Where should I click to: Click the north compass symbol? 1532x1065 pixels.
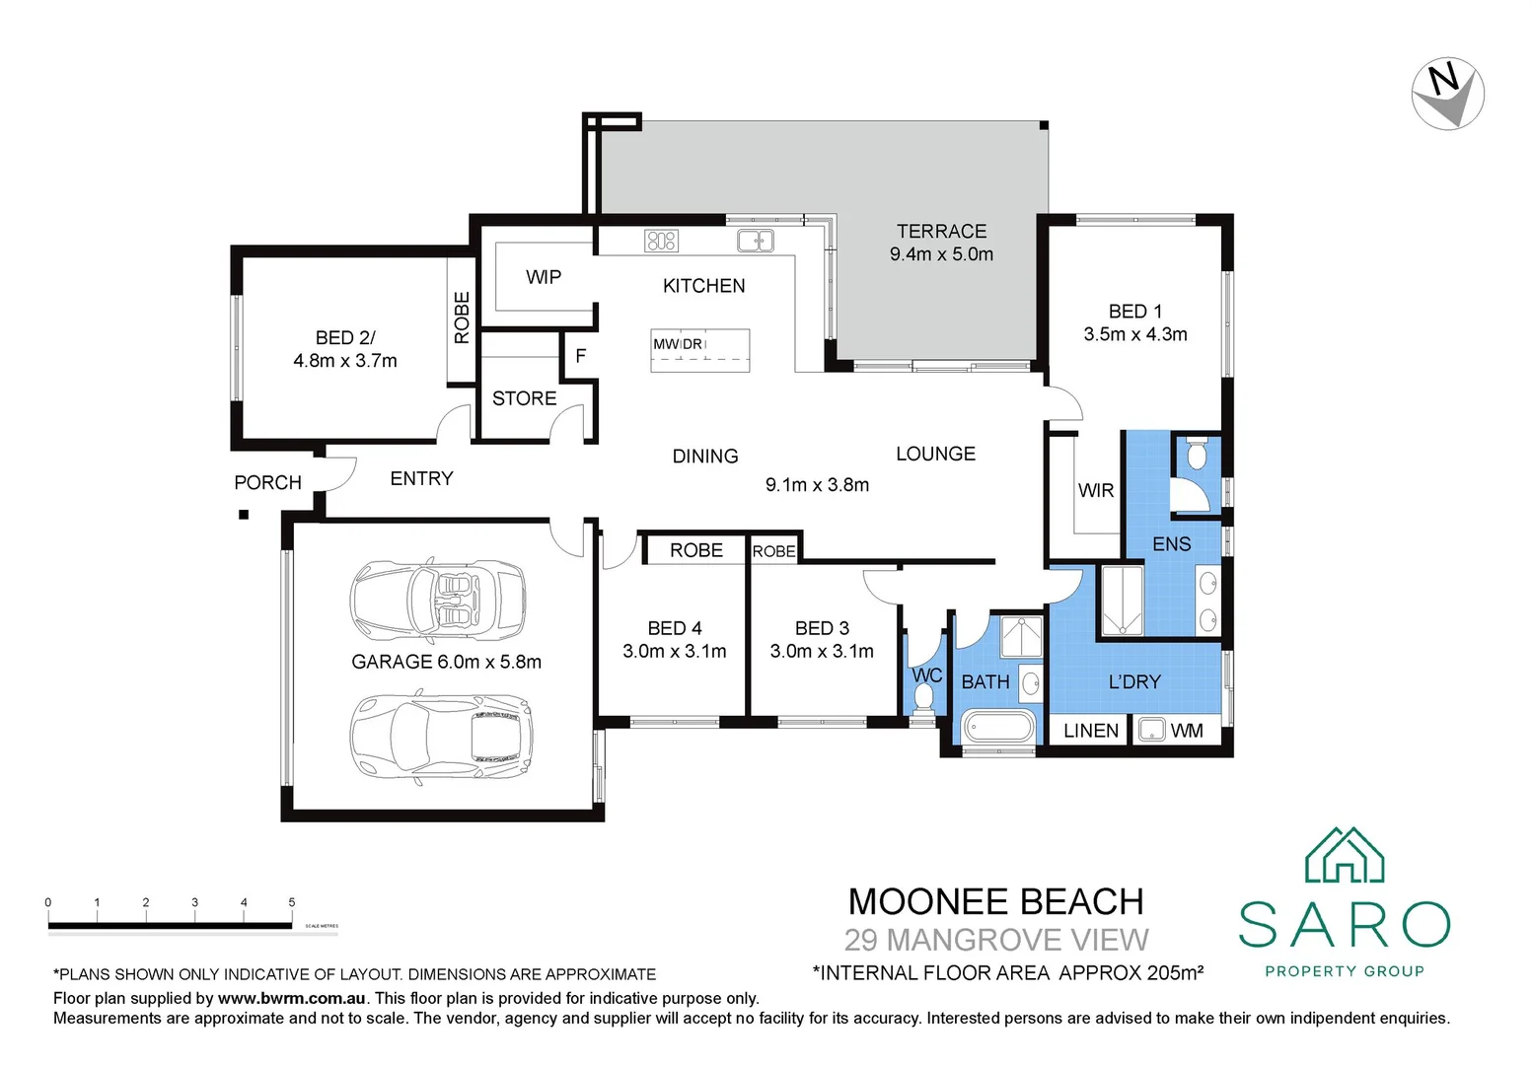click(1447, 94)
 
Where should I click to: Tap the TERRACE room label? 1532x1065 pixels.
click(941, 231)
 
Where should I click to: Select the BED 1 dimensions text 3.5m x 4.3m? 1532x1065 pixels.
click(1134, 334)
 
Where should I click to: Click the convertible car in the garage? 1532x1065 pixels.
click(438, 600)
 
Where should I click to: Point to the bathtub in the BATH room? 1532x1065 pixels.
click(998, 729)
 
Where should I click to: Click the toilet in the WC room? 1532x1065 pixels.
click(924, 697)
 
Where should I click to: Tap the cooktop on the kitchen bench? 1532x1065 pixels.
click(661, 240)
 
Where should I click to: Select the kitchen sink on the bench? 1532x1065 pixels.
click(756, 240)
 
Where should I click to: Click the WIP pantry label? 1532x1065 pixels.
click(544, 277)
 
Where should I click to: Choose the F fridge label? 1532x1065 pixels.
click(580, 356)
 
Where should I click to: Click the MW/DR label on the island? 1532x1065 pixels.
click(678, 344)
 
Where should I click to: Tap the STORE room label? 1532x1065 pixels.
click(524, 398)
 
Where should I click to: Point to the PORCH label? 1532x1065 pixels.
click(267, 482)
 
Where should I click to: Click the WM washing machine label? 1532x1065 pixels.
click(1187, 731)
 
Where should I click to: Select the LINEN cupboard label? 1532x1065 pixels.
click(1091, 731)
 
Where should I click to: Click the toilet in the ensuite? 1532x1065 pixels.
click(1197, 454)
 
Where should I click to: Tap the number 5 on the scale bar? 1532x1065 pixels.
click(292, 902)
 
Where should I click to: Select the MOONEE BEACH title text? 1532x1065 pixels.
click(995, 901)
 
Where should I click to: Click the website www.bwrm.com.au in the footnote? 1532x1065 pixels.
click(292, 999)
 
